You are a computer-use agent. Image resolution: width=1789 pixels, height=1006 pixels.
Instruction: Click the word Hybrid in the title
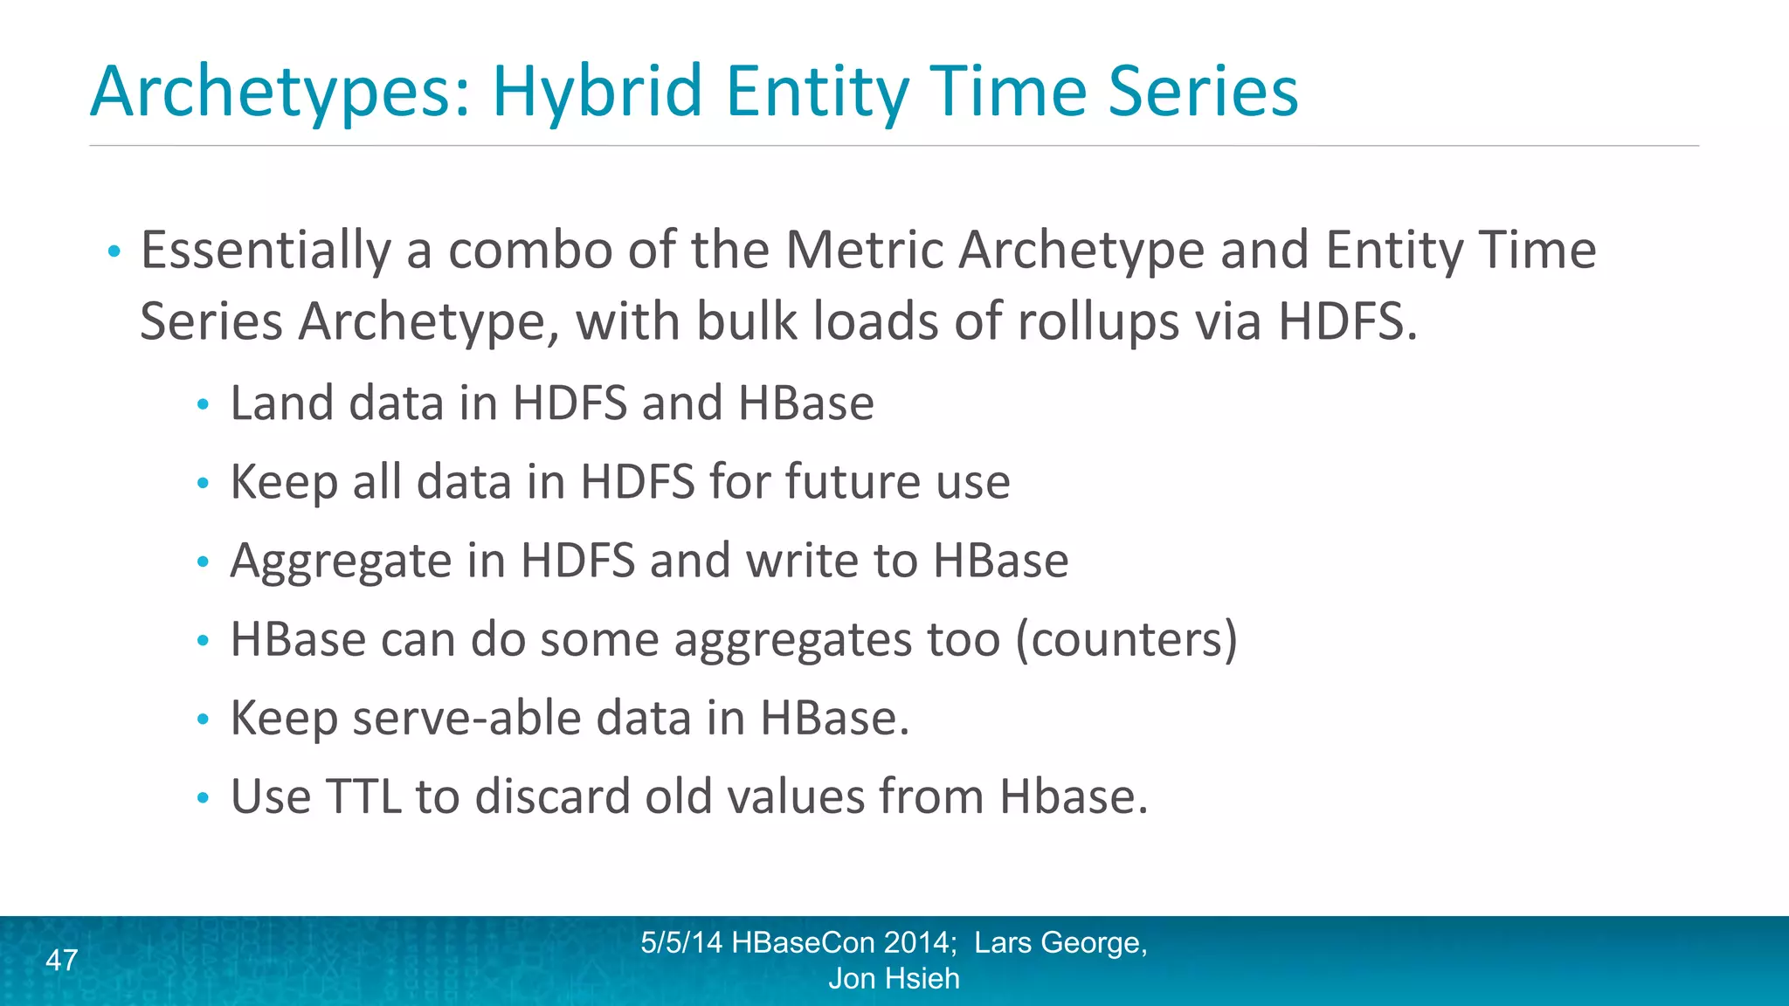(597, 92)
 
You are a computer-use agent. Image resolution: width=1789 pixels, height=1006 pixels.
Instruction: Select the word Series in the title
(1203, 92)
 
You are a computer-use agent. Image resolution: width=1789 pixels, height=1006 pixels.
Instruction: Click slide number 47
(61, 961)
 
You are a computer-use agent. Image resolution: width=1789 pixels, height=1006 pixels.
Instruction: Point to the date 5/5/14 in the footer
(680, 943)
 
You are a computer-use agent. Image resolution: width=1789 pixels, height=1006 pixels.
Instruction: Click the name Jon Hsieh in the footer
(894, 979)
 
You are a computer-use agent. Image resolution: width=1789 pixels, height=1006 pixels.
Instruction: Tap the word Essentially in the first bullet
(266, 251)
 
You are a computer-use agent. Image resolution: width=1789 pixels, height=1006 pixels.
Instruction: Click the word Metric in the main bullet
(863, 251)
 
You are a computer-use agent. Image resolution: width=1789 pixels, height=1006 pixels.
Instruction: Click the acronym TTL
(363, 797)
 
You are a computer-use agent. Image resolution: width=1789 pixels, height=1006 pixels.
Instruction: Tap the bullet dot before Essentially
(114, 253)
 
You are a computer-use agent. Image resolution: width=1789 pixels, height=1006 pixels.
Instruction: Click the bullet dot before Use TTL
(203, 797)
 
